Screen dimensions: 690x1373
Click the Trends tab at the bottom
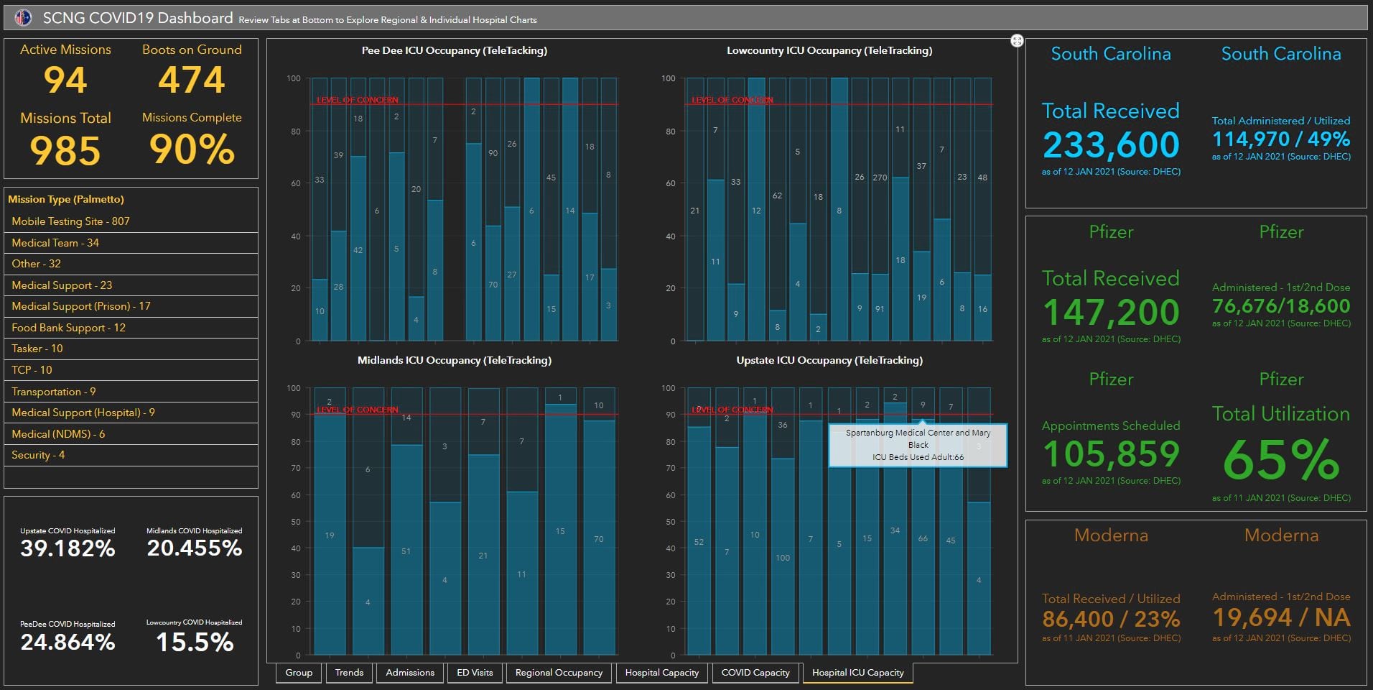pos(349,673)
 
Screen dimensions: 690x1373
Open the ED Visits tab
pos(475,673)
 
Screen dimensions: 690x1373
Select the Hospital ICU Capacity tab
pos(857,673)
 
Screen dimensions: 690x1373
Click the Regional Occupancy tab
pos(559,673)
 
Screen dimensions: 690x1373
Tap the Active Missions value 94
pos(65,80)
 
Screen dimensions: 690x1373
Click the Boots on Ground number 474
pos(192,80)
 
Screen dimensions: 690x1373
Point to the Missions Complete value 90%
pos(192,149)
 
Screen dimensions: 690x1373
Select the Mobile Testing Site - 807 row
pos(70,221)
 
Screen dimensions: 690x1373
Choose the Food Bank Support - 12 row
pos(68,328)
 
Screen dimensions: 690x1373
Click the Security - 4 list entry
pos(38,455)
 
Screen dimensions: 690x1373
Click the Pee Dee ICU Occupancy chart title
pos(454,50)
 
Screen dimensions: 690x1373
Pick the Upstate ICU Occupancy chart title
pos(829,360)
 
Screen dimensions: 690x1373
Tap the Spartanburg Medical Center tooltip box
pos(918,445)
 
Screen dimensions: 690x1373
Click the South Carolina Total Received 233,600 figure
pos(1111,144)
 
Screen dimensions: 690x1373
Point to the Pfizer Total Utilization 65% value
pos(1281,460)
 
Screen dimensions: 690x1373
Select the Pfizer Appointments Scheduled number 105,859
pos(1111,454)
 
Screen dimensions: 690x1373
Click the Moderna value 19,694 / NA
pos(1281,617)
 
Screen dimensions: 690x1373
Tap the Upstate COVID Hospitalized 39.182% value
pos(68,548)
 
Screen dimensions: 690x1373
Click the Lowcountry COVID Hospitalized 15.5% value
pos(195,642)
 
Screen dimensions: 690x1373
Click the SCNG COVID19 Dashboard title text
pos(138,18)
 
